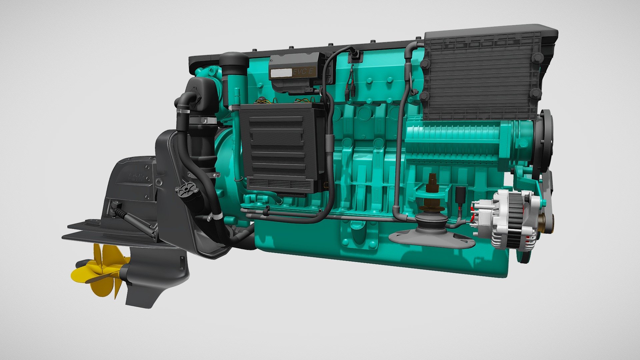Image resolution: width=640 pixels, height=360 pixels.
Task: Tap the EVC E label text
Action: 303,72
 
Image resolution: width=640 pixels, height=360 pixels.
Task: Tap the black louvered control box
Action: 282,148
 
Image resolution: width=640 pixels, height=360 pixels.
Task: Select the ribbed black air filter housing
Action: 480,77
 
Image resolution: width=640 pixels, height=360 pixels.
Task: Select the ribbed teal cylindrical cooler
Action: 467,140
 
